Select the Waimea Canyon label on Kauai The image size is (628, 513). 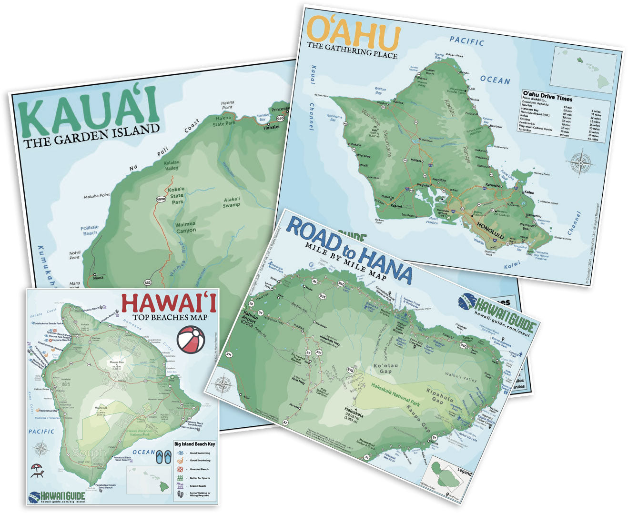tap(185, 227)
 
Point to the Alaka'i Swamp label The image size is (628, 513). tap(231, 202)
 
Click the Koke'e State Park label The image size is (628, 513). tap(176, 195)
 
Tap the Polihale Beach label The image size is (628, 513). tap(90, 231)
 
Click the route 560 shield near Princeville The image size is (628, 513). tap(280, 118)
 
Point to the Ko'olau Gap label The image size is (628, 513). tap(385, 368)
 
